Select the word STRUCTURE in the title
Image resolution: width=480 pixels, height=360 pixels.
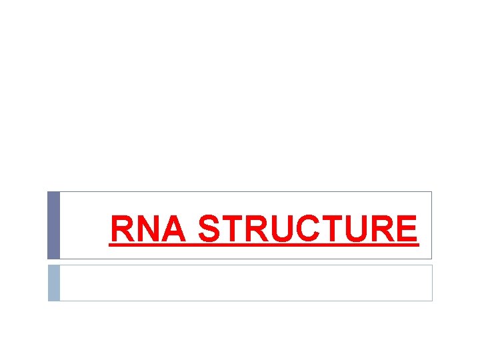(x=308, y=229)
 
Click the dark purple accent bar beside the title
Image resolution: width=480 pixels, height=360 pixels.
(x=53, y=225)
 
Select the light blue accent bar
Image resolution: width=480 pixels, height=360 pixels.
(x=53, y=283)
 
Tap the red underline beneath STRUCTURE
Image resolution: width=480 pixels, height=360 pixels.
(x=308, y=245)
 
